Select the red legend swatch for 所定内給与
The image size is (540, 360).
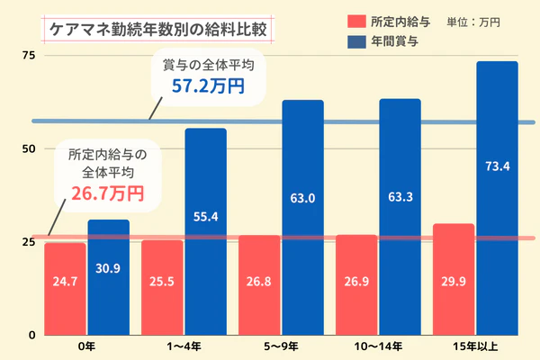point(355,21)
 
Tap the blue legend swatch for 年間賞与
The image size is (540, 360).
point(355,40)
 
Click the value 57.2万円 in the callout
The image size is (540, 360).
point(207,86)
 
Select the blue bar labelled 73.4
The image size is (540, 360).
point(497,198)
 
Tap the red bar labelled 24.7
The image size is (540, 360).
point(65,288)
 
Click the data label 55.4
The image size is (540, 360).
point(205,215)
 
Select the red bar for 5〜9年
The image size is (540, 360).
point(259,284)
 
